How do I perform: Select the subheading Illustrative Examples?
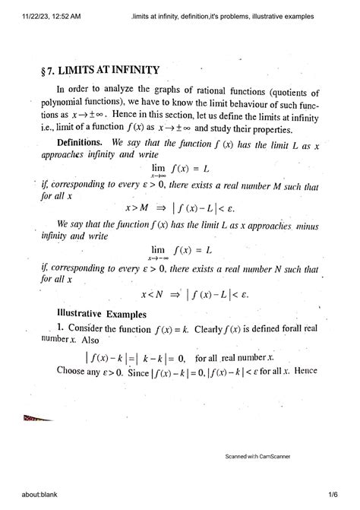tap(100, 313)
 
